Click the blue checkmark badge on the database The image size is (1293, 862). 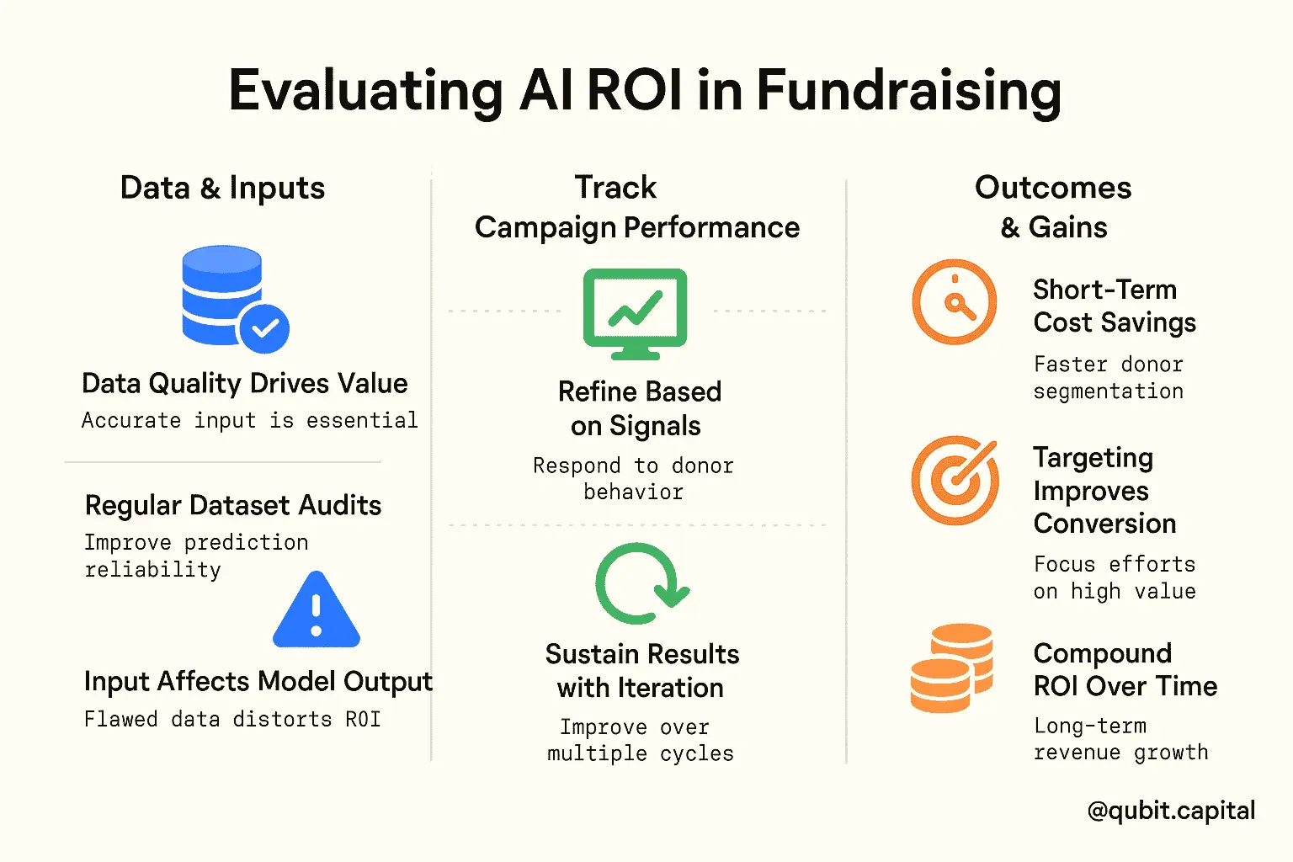click(264, 328)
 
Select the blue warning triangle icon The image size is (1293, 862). click(317, 609)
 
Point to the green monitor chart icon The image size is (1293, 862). click(635, 314)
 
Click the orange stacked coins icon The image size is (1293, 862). click(952, 668)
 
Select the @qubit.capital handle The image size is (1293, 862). click(1171, 811)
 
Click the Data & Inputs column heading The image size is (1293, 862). click(223, 188)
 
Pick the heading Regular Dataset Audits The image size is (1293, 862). click(233, 505)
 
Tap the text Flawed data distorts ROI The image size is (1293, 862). click(232, 720)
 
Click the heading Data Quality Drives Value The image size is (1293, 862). click(245, 384)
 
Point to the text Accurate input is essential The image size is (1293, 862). click(250, 420)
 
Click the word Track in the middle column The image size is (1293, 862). click(615, 187)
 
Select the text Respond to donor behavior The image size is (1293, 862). click(633, 479)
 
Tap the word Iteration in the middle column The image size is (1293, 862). click(670, 688)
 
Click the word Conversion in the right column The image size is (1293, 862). click(1104, 524)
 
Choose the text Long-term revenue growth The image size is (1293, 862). click(1121, 739)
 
